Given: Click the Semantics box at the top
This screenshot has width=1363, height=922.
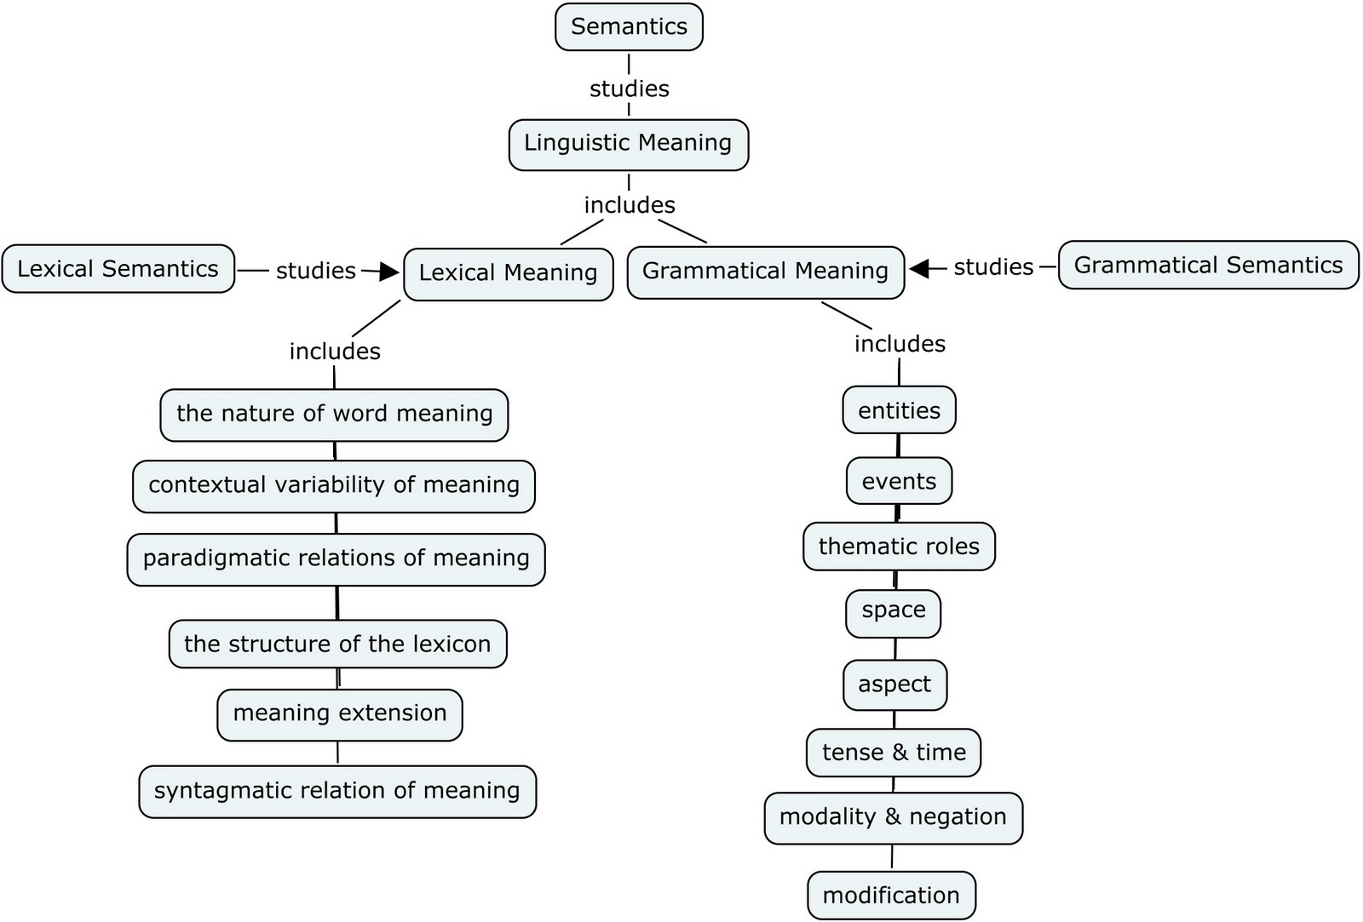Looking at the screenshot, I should (629, 27).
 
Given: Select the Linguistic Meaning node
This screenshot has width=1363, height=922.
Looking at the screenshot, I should (628, 144).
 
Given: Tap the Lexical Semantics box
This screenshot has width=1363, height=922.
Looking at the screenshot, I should (118, 269).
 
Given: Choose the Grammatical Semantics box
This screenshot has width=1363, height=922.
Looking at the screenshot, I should (1208, 266).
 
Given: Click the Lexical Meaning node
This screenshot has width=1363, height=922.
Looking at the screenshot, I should (508, 273).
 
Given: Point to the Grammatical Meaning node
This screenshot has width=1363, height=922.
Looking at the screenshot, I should (765, 272).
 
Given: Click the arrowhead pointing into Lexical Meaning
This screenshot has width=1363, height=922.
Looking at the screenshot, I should (389, 272).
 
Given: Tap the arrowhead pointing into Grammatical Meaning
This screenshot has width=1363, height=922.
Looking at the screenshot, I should (918, 268).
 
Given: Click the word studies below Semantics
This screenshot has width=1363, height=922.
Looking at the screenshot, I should (630, 89).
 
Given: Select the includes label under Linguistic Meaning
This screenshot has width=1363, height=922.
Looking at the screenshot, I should (630, 205).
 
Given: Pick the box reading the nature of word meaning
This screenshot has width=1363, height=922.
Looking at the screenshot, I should (334, 415).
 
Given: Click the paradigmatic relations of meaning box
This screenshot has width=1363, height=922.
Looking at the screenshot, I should (336, 559).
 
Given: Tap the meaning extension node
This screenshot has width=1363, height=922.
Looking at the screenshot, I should (340, 714).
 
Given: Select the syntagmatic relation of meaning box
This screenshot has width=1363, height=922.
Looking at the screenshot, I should (337, 792).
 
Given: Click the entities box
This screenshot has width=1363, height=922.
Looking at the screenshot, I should (899, 411).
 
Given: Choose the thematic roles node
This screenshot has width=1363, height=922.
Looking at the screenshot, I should (899, 547).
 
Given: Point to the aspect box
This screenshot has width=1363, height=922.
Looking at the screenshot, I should (894, 684).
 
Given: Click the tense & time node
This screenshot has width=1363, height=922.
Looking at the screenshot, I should (894, 753).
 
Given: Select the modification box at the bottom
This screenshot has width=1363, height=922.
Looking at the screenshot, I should (891, 896).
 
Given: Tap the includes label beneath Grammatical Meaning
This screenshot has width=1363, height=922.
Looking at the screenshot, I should (900, 344).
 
